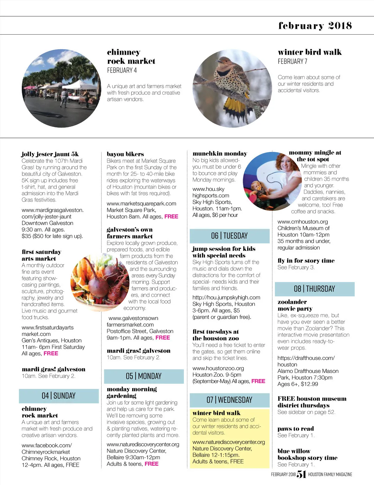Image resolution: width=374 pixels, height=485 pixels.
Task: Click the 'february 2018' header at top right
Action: point(315,26)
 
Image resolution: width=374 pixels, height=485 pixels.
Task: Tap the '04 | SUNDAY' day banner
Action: point(59,396)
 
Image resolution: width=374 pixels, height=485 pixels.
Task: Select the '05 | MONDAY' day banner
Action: point(144,376)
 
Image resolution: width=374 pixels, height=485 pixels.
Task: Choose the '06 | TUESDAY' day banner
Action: point(229,236)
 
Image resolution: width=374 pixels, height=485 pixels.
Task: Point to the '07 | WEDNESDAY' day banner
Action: point(229,400)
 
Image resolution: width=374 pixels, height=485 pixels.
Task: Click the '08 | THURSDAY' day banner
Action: point(314,289)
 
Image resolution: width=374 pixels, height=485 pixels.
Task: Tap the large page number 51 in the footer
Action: point(301,474)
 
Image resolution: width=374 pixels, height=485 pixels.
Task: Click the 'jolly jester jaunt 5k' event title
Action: point(50,154)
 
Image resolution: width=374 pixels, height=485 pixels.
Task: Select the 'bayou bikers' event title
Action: point(125,154)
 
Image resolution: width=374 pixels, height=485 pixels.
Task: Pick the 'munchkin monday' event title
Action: point(220,153)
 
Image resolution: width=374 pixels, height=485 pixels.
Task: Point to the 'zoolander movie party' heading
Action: point(295,305)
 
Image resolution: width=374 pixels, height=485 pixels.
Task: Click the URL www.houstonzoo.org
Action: point(218,368)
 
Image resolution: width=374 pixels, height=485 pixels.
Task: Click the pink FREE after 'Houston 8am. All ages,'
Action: point(171,217)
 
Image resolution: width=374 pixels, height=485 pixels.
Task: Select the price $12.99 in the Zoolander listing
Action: point(309,384)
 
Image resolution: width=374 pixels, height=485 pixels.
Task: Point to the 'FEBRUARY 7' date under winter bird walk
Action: point(292,61)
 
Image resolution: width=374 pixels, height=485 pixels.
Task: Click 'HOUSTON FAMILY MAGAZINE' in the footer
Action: point(330,474)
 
